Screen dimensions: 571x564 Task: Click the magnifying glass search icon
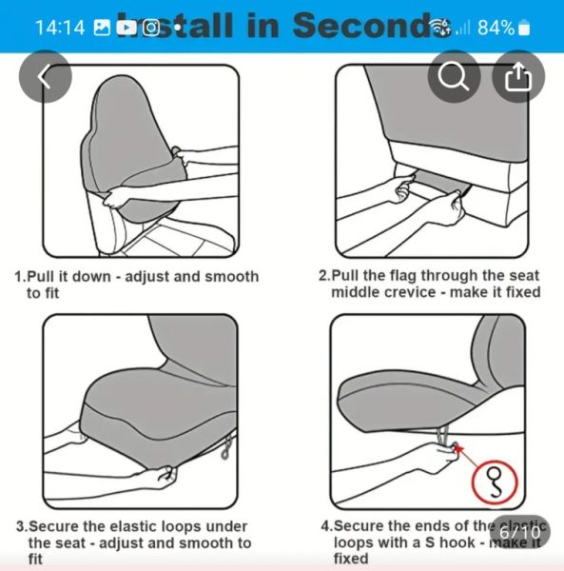454,76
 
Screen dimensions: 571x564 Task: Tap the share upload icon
518,76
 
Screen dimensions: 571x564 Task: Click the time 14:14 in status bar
59,27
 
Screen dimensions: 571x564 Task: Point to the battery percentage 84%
496,27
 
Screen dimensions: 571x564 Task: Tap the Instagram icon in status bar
151,27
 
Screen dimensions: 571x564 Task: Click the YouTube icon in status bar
126,27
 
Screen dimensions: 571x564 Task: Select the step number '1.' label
19,276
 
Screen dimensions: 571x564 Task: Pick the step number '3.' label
20,526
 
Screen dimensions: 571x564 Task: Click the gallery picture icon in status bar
102,27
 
